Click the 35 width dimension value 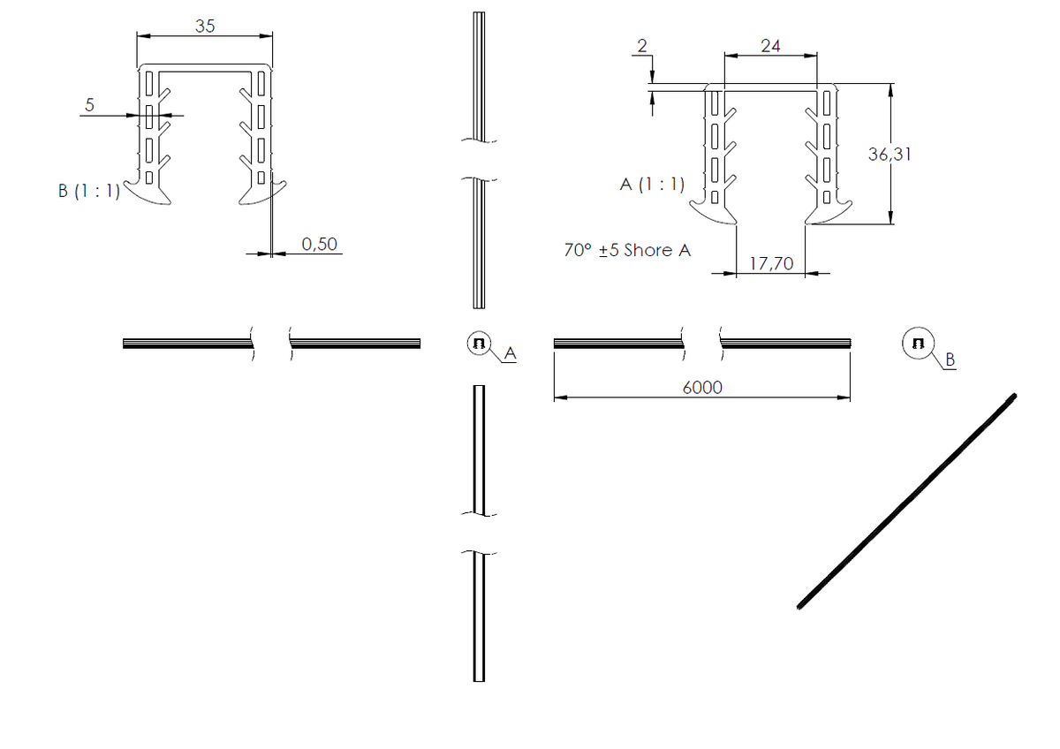point(205,26)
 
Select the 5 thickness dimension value point(89,104)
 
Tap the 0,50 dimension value point(320,244)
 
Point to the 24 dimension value point(770,46)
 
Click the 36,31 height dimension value point(890,155)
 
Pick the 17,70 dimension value point(771,263)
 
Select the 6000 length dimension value point(702,388)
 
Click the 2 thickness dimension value point(642,46)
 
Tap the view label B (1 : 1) point(89,191)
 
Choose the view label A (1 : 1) point(652,184)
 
